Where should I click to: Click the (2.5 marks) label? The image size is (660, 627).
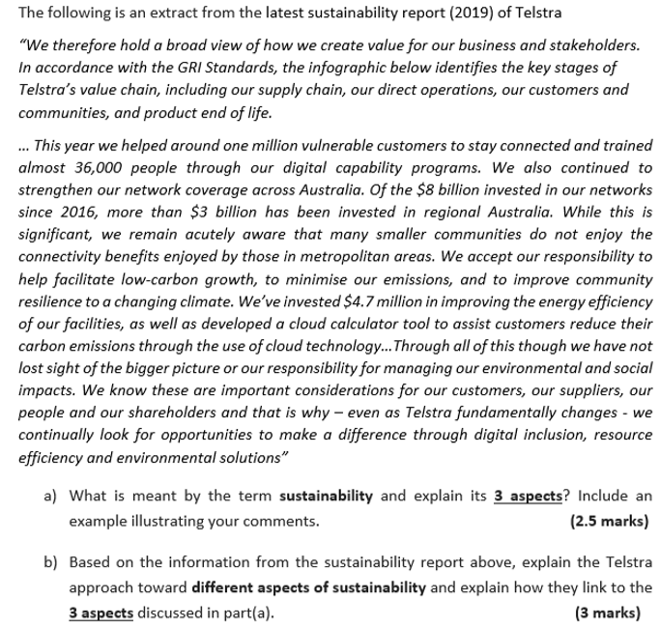(x=610, y=522)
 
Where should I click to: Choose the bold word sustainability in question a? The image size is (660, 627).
(x=326, y=497)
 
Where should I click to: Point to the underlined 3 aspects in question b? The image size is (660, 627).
(x=101, y=612)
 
